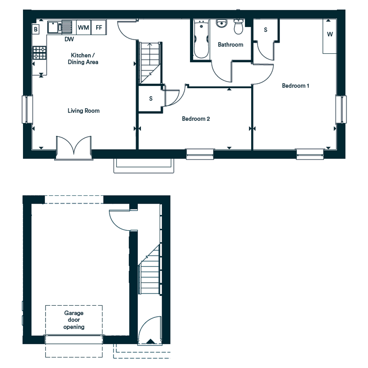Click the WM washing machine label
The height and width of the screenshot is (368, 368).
(83, 28)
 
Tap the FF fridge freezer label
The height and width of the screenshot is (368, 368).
(99, 28)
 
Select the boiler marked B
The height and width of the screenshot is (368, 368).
(36, 29)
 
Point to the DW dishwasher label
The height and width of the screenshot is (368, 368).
(69, 39)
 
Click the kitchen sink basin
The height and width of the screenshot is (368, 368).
(53, 27)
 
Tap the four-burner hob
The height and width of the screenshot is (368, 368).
(39, 53)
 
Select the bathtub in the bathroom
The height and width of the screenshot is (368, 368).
(201, 39)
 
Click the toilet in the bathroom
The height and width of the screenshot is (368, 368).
(238, 26)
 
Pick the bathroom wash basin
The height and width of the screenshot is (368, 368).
(221, 23)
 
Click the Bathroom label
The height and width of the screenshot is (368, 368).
(231, 45)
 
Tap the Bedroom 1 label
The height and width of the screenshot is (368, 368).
(296, 86)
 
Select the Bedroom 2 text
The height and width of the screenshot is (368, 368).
(196, 119)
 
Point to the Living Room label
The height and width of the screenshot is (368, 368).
(84, 111)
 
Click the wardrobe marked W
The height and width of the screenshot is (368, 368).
(330, 36)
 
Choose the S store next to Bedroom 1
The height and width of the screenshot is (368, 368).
(266, 30)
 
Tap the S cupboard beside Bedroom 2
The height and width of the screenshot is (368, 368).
(151, 99)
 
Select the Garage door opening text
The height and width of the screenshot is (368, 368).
(74, 320)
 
